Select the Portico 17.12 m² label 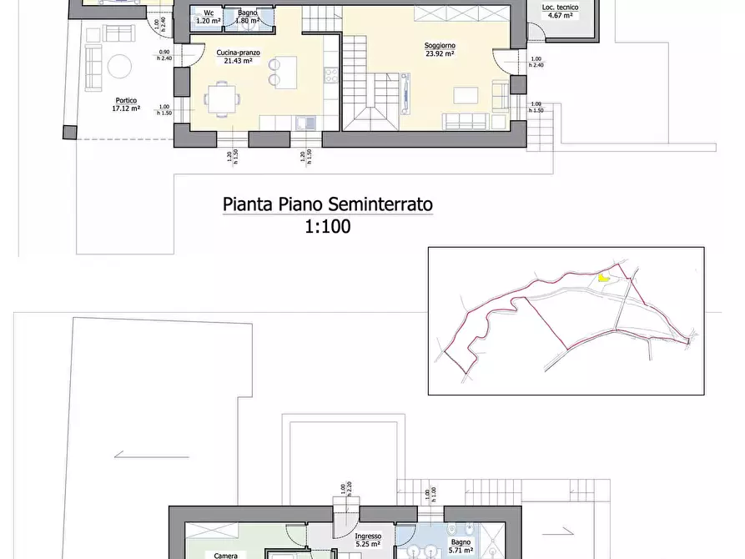(x=126, y=104)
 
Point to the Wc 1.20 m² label (x=207, y=17)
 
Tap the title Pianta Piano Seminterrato (x=328, y=204)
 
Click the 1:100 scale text (x=328, y=225)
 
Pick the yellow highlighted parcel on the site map (x=604, y=279)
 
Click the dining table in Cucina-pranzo (x=221, y=100)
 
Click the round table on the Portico (x=121, y=67)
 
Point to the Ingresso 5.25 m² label (x=367, y=541)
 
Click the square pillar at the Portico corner (x=68, y=132)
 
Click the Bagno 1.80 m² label (x=246, y=17)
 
